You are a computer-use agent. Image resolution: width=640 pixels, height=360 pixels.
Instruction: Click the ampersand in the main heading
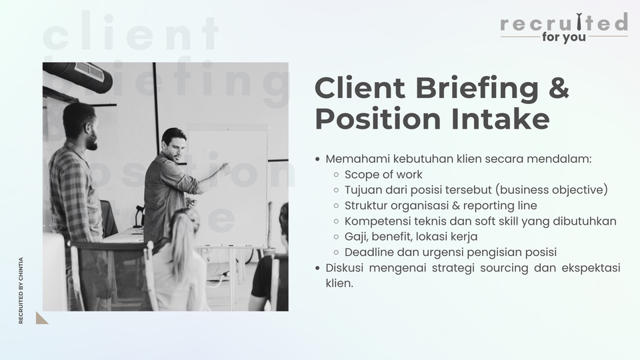coord(557,89)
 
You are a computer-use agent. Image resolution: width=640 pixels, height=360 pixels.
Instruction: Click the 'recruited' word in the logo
coord(563,23)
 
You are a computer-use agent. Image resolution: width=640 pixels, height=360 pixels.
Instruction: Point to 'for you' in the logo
coord(564,37)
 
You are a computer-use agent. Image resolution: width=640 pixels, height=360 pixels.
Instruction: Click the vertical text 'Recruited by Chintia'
coord(21,291)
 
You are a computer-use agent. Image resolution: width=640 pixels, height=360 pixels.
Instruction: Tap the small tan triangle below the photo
coord(41,318)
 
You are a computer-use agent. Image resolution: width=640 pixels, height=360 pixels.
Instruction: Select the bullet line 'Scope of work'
coord(383,175)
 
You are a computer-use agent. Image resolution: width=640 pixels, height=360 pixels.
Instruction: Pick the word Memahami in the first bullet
coord(356,159)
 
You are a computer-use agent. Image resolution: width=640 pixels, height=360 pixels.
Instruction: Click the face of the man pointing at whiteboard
coord(174,147)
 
